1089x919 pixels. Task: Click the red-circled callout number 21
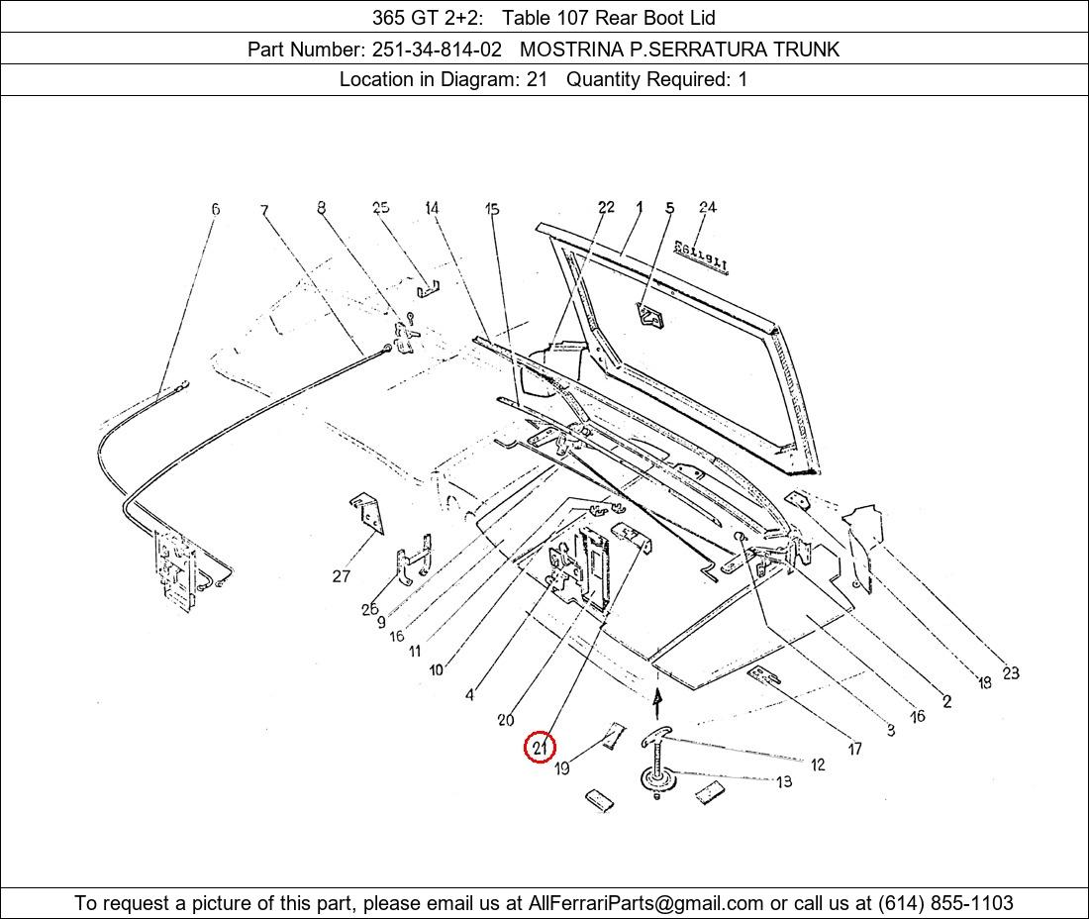click(540, 748)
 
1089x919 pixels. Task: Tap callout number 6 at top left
click(215, 208)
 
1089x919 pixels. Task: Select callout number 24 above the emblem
click(708, 207)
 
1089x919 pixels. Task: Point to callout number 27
click(341, 575)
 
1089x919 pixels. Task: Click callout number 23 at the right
click(1011, 672)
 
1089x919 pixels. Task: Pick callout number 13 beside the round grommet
click(784, 782)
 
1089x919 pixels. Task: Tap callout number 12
click(818, 765)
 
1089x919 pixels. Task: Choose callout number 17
click(855, 748)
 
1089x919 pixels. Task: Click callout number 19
click(562, 768)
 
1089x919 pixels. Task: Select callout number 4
click(469, 694)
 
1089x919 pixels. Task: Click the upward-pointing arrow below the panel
click(657, 704)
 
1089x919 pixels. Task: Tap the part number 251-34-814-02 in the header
click(437, 50)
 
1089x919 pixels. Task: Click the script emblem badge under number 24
click(700, 257)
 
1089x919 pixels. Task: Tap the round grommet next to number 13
click(657, 778)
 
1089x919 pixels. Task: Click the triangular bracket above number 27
click(366, 514)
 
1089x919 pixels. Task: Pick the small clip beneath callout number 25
click(428, 288)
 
